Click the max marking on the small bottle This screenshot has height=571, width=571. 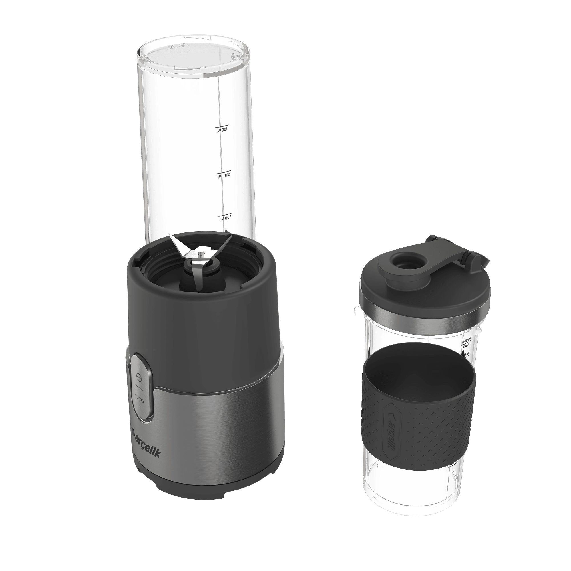[x=467, y=345]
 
